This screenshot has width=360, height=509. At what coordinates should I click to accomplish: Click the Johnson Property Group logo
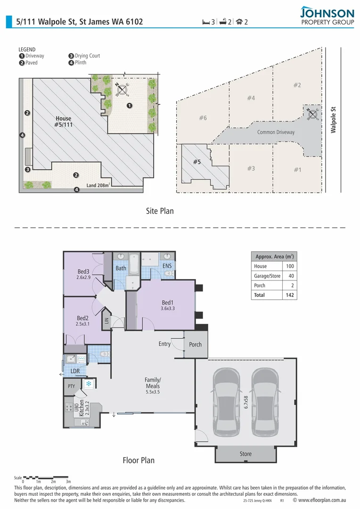point(327,16)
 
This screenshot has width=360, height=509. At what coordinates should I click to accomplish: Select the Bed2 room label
point(83,318)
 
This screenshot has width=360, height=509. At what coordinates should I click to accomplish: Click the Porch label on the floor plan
point(195,345)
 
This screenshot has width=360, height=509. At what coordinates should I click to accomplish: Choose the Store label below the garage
point(245,454)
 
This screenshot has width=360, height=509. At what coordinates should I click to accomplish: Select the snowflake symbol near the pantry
point(88,384)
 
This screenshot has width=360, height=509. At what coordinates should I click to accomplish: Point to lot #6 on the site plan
point(203,118)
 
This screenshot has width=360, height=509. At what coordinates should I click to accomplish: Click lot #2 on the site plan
point(297,85)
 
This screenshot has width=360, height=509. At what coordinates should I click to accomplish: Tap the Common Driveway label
point(276,132)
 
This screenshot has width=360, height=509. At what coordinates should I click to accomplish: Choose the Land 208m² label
point(98,185)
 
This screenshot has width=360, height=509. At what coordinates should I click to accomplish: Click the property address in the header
point(80,22)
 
